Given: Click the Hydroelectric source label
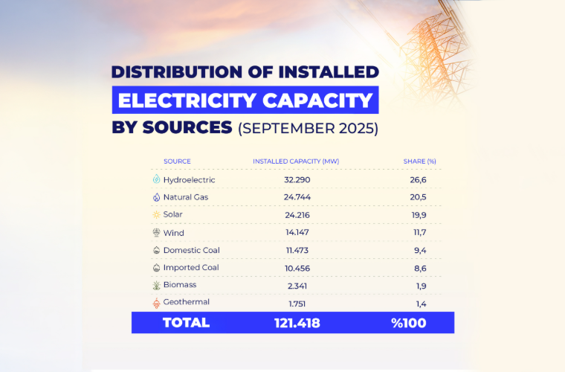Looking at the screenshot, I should click(189, 180).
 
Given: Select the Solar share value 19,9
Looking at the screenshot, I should click(419, 215).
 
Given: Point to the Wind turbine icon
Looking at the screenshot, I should click(156, 232).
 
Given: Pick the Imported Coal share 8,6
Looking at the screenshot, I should click(419, 267).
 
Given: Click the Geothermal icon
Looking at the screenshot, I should click(156, 302).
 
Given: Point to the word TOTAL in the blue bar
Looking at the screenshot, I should click(186, 322).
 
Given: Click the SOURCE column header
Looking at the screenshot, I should click(177, 161).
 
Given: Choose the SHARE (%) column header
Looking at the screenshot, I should click(419, 161).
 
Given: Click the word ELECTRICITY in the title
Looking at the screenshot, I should click(195, 100).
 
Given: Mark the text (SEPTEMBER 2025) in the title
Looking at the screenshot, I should click(308, 128).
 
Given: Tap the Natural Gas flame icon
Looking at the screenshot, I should click(156, 197).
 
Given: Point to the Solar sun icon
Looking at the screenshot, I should click(156, 215).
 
